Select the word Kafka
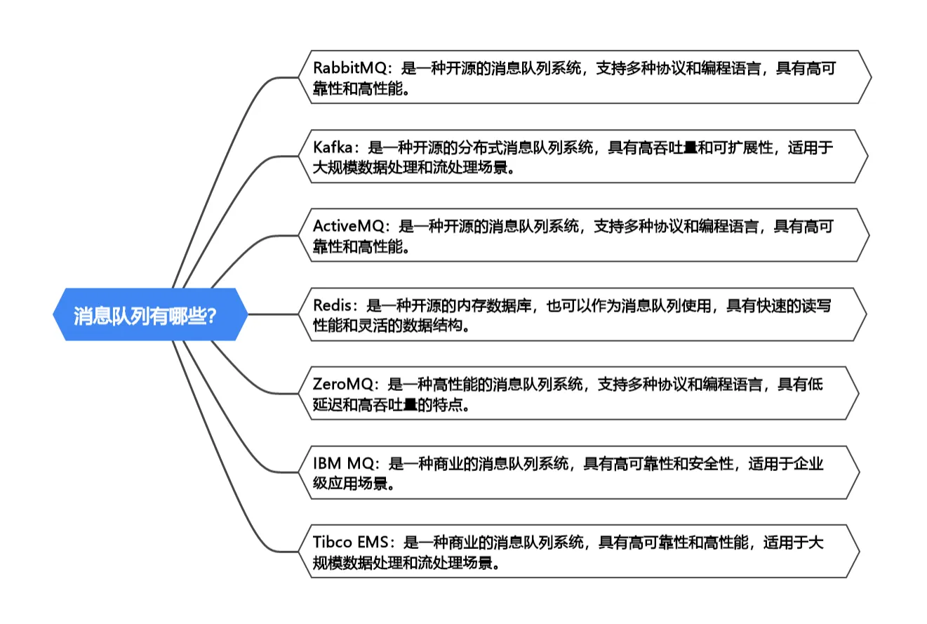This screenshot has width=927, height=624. tap(335, 147)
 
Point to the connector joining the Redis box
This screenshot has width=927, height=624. tap(277, 314)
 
